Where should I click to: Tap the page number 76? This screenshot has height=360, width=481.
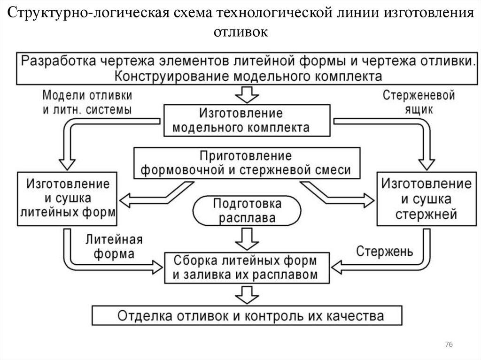coord(448,345)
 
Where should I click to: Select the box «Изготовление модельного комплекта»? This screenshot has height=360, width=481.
coord(240,120)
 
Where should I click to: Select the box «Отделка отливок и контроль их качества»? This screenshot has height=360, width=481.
coord(247,315)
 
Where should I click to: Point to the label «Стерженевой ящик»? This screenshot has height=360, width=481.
coord(419,103)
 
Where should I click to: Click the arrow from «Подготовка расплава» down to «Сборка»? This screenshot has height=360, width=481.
coord(247,238)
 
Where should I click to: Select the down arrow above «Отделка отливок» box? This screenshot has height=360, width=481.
coord(247,295)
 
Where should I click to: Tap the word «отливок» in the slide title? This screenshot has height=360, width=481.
coord(240,32)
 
